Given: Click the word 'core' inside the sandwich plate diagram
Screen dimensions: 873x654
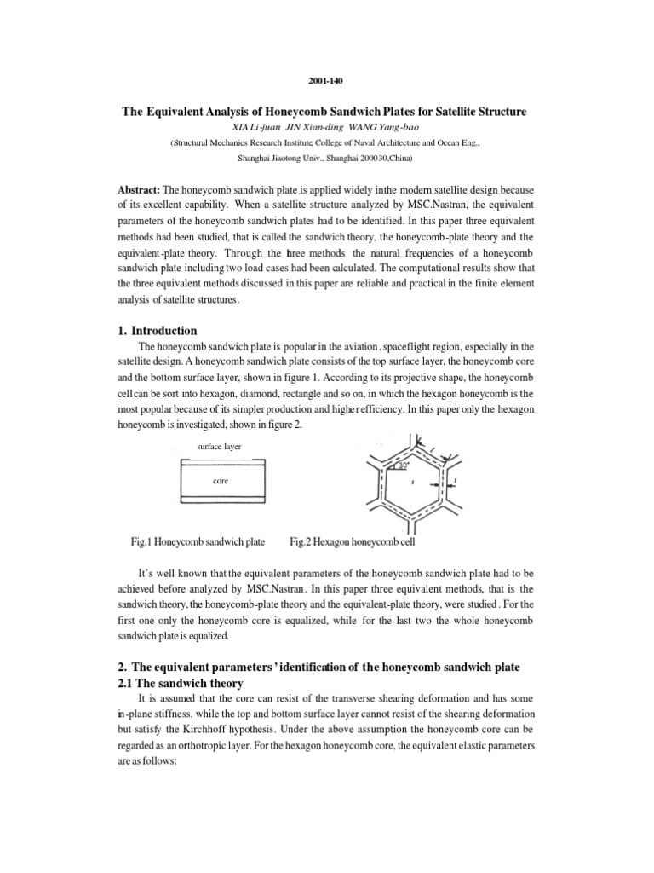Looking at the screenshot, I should click(x=221, y=481).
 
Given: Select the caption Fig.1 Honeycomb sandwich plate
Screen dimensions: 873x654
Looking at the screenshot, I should click(x=198, y=541).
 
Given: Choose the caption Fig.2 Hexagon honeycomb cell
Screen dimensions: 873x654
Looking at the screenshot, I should click(x=353, y=541).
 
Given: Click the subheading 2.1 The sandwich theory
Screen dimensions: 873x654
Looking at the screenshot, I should click(x=181, y=683).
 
